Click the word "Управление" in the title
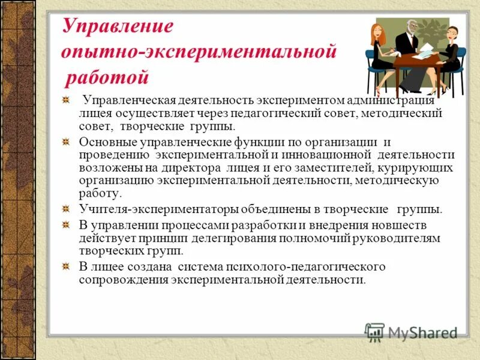pos(118,26)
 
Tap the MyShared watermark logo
pos(412,332)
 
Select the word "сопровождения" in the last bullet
pos(124,280)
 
